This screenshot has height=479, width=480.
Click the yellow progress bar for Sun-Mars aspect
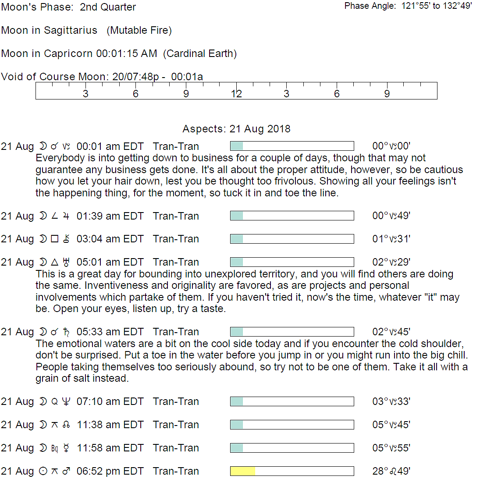click(242, 471)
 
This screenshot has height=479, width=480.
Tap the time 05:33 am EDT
click(110, 332)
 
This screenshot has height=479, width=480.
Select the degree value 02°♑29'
click(391, 262)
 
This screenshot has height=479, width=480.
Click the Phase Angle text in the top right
click(408, 6)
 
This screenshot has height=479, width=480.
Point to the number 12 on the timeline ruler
click(236, 93)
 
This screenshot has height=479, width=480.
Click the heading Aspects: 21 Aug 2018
click(236, 129)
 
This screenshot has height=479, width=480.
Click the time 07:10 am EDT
click(110, 401)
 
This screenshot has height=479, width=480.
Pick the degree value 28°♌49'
click(391, 471)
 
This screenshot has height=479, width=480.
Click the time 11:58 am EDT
click(110, 448)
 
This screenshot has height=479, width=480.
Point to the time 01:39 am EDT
click(110, 216)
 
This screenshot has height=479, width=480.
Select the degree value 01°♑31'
click(391, 239)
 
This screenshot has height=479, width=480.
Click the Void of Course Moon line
click(102, 77)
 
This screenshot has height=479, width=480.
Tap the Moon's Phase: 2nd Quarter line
click(68, 7)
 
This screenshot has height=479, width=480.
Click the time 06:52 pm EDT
click(110, 471)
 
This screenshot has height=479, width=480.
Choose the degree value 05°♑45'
click(391, 425)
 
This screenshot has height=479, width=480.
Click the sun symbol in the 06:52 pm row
click(43, 471)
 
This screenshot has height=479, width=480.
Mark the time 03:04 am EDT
click(110, 239)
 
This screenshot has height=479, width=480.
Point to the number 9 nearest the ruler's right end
click(387, 93)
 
